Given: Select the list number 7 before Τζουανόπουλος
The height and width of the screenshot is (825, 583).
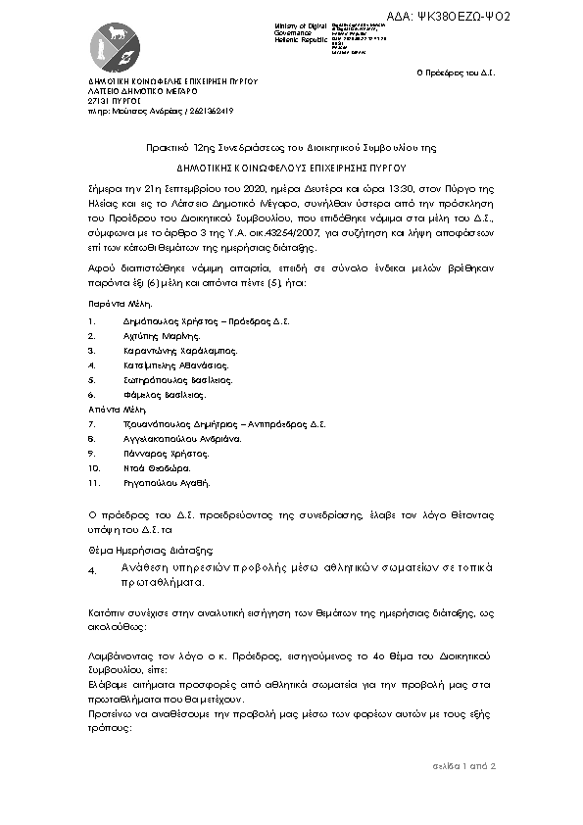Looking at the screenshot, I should coord(90,423).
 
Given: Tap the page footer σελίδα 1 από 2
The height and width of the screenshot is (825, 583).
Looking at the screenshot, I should coord(463,765).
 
